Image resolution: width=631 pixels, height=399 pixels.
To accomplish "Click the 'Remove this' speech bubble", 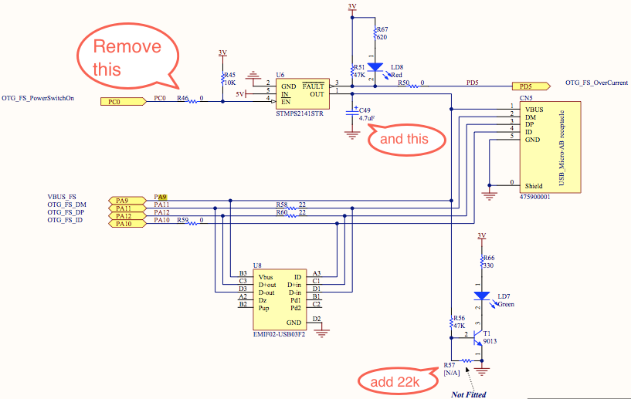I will coord(127,57).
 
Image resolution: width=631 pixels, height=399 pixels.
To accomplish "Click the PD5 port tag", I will coord(530,86).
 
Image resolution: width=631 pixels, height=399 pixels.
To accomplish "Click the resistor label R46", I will coord(182,98).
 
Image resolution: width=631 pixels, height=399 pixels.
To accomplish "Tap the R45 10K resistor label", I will coord(229,79).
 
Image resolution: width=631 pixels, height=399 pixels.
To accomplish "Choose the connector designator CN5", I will coord(525,99).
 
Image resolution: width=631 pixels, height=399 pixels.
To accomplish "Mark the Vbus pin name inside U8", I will coord(266,276).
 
